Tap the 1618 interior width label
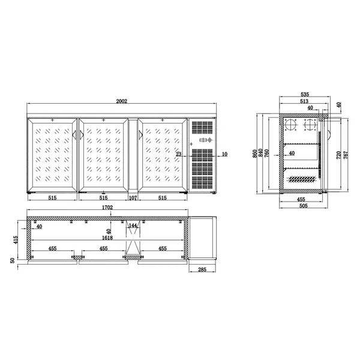(x=104, y=238)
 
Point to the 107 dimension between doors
(x=133, y=197)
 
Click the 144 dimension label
(x=134, y=226)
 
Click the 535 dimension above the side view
(x=304, y=95)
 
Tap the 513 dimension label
(x=304, y=102)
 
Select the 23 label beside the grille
(x=179, y=154)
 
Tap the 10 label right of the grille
(x=224, y=154)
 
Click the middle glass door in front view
(x=103, y=157)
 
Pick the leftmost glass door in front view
(x=51, y=157)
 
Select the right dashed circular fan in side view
(x=310, y=126)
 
